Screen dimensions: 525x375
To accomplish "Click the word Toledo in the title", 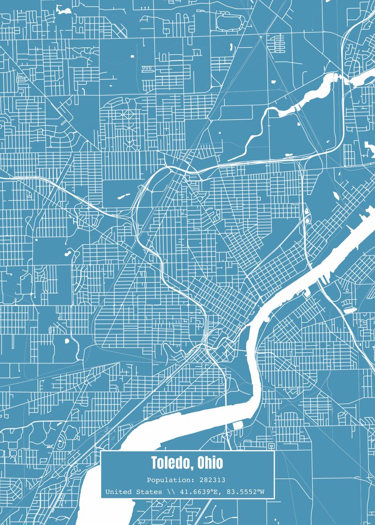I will tap(172, 462).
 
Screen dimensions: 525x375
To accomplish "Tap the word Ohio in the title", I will tap(210, 462).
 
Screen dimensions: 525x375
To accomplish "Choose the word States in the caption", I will tap(149, 492).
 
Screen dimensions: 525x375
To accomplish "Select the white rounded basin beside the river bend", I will tap(238, 425).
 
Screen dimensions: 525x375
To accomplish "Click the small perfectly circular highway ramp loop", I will tap(307, 221).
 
